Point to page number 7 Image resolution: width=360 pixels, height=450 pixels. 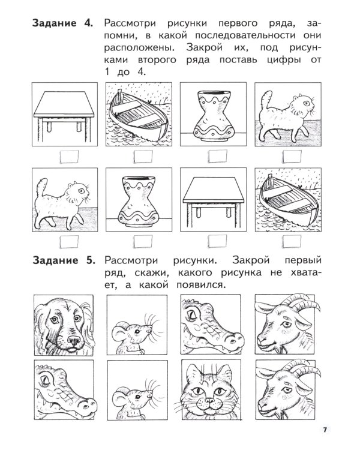coord(325,429)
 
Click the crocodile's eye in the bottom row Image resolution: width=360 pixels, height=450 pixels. coord(51,379)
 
